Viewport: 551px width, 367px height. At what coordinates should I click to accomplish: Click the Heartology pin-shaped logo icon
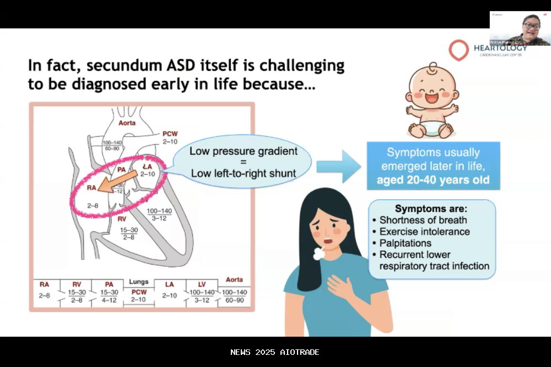(x=458, y=50)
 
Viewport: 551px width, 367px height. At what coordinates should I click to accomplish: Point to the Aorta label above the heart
(x=127, y=123)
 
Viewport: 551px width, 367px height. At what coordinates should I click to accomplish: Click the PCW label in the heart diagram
(x=170, y=134)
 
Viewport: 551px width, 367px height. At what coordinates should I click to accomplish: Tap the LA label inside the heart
(x=147, y=166)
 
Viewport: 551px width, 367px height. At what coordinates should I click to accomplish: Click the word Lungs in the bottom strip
(x=139, y=281)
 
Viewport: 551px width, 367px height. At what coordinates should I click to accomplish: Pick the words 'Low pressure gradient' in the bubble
(x=243, y=151)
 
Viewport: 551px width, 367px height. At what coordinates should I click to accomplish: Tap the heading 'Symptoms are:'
(x=431, y=209)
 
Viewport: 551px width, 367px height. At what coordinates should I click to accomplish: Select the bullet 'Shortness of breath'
(x=423, y=220)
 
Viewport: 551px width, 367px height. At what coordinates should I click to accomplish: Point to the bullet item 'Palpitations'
(x=405, y=243)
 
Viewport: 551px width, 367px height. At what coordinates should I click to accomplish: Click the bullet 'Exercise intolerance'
(x=424, y=231)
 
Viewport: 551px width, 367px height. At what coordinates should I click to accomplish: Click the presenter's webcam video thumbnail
(x=520, y=28)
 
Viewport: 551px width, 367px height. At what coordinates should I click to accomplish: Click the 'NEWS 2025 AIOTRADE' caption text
(x=275, y=352)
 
